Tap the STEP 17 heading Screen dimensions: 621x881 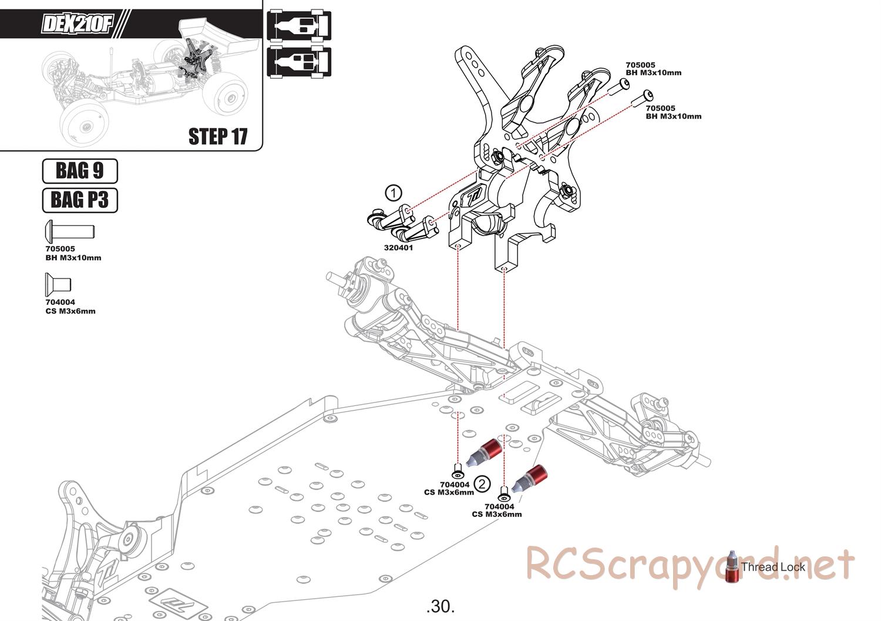pyautogui.click(x=218, y=136)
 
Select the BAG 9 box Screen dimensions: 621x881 pyautogui.click(x=80, y=171)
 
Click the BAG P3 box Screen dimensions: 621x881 pyautogui.click(x=80, y=200)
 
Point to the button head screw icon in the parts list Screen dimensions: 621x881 pyautogui.click(x=69, y=230)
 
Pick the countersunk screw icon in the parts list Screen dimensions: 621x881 pyautogui.click(x=58, y=284)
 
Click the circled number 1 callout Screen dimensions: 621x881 pyautogui.click(x=394, y=192)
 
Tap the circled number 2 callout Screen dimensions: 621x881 pyautogui.click(x=482, y=484)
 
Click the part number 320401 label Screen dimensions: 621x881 pyautogui.click(x=399, y=248)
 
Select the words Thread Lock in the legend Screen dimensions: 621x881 pyautogui.click(x=773, y=567)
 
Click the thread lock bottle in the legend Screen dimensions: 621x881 pyautogui.click(x=732, y=567)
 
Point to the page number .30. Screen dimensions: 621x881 pyautogui.click(x=441, y=606)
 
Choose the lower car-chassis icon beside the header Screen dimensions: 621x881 pyautogui.click(x=299, y=62)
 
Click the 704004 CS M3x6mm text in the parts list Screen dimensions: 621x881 pyautogui.click(x=70, y=307)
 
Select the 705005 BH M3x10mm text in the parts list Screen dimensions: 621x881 pyautogui.click(x=73, y=253)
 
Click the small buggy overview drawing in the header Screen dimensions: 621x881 pyautogui.click(x=147, y=82)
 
